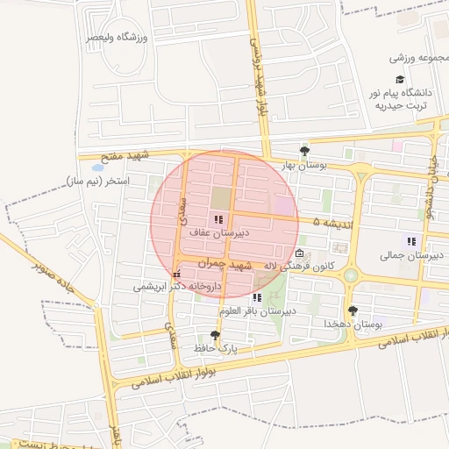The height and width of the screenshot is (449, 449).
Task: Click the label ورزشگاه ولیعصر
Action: click(118, 37)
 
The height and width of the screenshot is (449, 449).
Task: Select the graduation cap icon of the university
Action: click(401, 78)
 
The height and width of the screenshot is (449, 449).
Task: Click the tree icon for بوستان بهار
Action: click(304, 150)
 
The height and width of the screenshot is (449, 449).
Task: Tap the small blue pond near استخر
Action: click(96, 166)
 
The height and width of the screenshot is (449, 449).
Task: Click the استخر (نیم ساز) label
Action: click(96, 182)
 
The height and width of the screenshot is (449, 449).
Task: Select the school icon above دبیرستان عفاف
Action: click(218, 219)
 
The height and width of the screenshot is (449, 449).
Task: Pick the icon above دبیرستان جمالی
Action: click(410, 241)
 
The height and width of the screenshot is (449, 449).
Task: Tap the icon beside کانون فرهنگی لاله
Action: click(300, 255)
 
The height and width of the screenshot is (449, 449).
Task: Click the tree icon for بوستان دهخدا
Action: click(353, 310)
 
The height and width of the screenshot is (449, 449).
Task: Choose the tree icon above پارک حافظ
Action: click(216, 335)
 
